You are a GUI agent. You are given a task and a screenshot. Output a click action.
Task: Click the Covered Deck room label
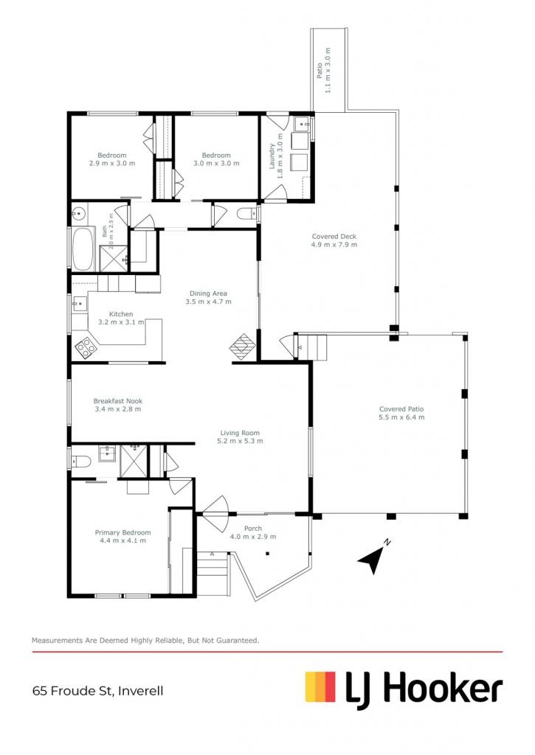pyautogui.click(x=334, y=240)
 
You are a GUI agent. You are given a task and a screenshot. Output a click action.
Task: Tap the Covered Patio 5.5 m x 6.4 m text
pyautogui.click(x=401, y=413)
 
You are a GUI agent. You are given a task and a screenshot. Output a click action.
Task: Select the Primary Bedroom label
pyautogui.click(x=122, y=537)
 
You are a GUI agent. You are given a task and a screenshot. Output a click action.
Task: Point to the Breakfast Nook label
pyautogui.click(x=117, y=405)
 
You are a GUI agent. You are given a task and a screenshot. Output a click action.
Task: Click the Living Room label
pyautogui.click(x=240, y=436)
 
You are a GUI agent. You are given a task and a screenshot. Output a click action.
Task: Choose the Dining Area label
pyautogui.click(x=208, y=297)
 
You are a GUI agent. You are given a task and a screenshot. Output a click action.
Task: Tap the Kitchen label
pyautogui.click(x=121, y=318)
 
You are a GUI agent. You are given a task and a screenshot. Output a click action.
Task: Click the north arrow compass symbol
pyautogui.click(x=373, y=557)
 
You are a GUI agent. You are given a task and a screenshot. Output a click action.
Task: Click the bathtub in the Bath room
pyautogui.click(x=83, y=248)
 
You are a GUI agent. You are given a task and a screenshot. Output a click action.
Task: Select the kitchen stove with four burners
pyautogui.click(x=86, y=347)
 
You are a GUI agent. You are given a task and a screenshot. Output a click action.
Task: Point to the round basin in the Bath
pyautogui.click(x=78, y=213)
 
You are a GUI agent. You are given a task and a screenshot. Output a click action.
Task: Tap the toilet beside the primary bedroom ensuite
pyautogui.click(x=81, y=462)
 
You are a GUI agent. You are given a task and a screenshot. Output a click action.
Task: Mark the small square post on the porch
pyautogui.click(x=267, y=554)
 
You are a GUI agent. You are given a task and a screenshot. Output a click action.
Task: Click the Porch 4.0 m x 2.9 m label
pyautogui.click(x=252, y=532)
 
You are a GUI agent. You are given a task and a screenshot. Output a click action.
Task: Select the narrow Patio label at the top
pyautogui.click(x=323, y=70)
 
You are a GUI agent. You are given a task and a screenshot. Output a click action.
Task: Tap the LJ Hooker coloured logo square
pyautogui.click(x=320, y=686)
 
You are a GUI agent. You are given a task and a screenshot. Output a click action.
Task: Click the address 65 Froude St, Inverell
pyautogui.click(x=98, y=691)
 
